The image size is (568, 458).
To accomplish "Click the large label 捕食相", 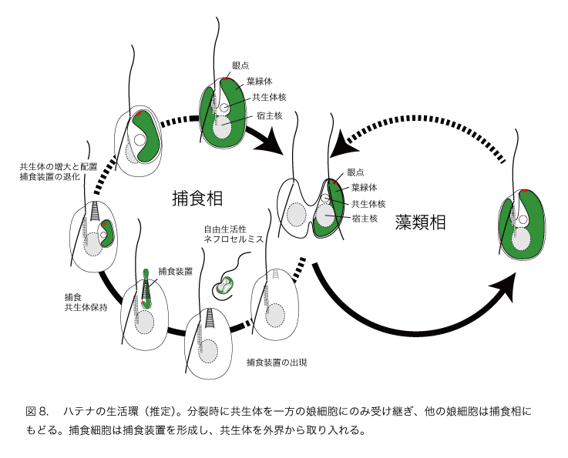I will pos(197,199).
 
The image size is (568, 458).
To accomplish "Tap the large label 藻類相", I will pos(420,222).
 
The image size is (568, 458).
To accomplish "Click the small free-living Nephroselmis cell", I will pos(224,286).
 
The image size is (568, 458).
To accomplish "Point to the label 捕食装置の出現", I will pos(277,362).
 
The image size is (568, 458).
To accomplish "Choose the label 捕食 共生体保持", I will pos(86,303).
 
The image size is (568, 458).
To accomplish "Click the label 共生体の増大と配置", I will pos(59,166).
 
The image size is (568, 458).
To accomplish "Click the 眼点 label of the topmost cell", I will pos(241,66).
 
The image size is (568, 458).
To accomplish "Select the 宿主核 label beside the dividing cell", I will pos(365,219).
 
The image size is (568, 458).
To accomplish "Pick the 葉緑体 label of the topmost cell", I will pos(257,81).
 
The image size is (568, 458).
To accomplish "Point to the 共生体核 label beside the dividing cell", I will pos(368,204).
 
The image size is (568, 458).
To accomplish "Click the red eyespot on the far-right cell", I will pos(524,190).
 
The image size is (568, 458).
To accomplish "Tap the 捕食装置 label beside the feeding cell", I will pos(175,271).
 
